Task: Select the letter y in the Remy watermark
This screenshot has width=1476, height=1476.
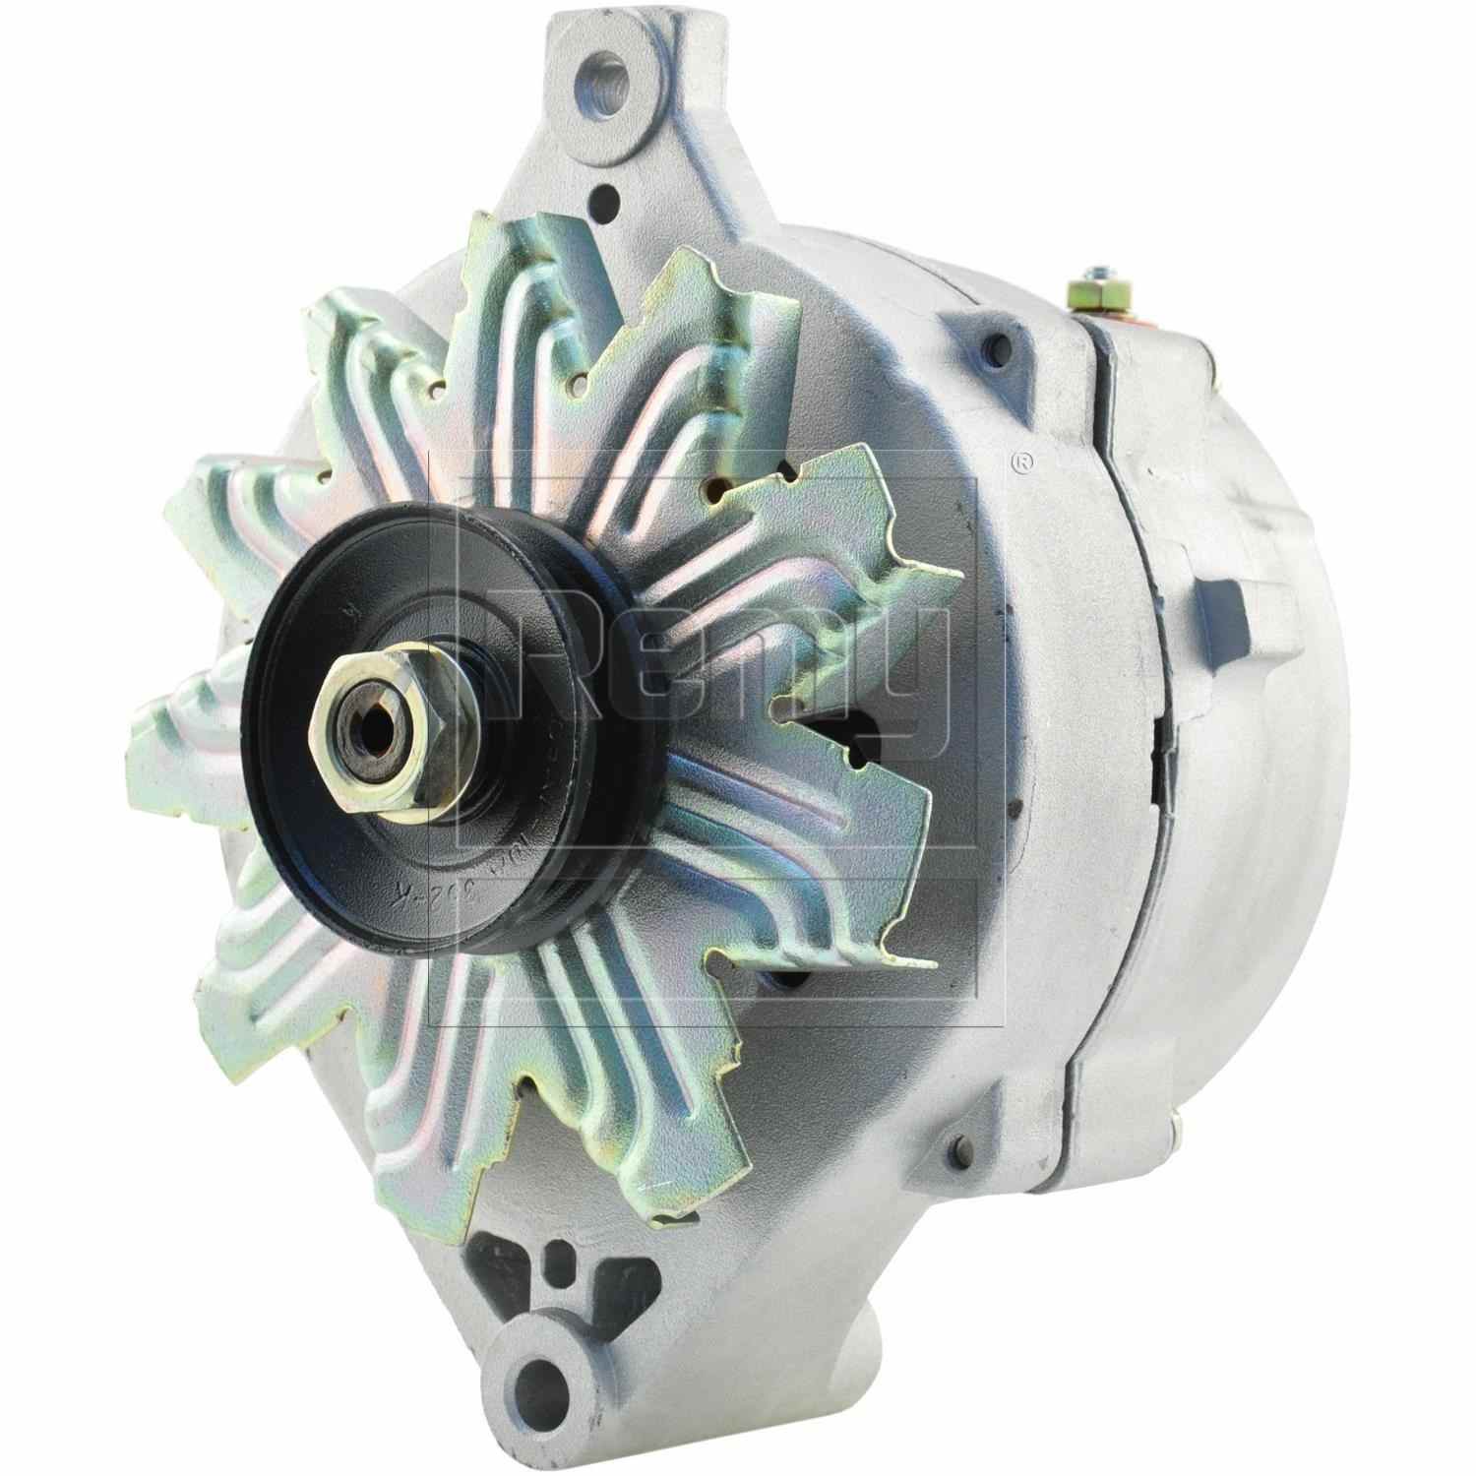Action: tap(910, 679)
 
